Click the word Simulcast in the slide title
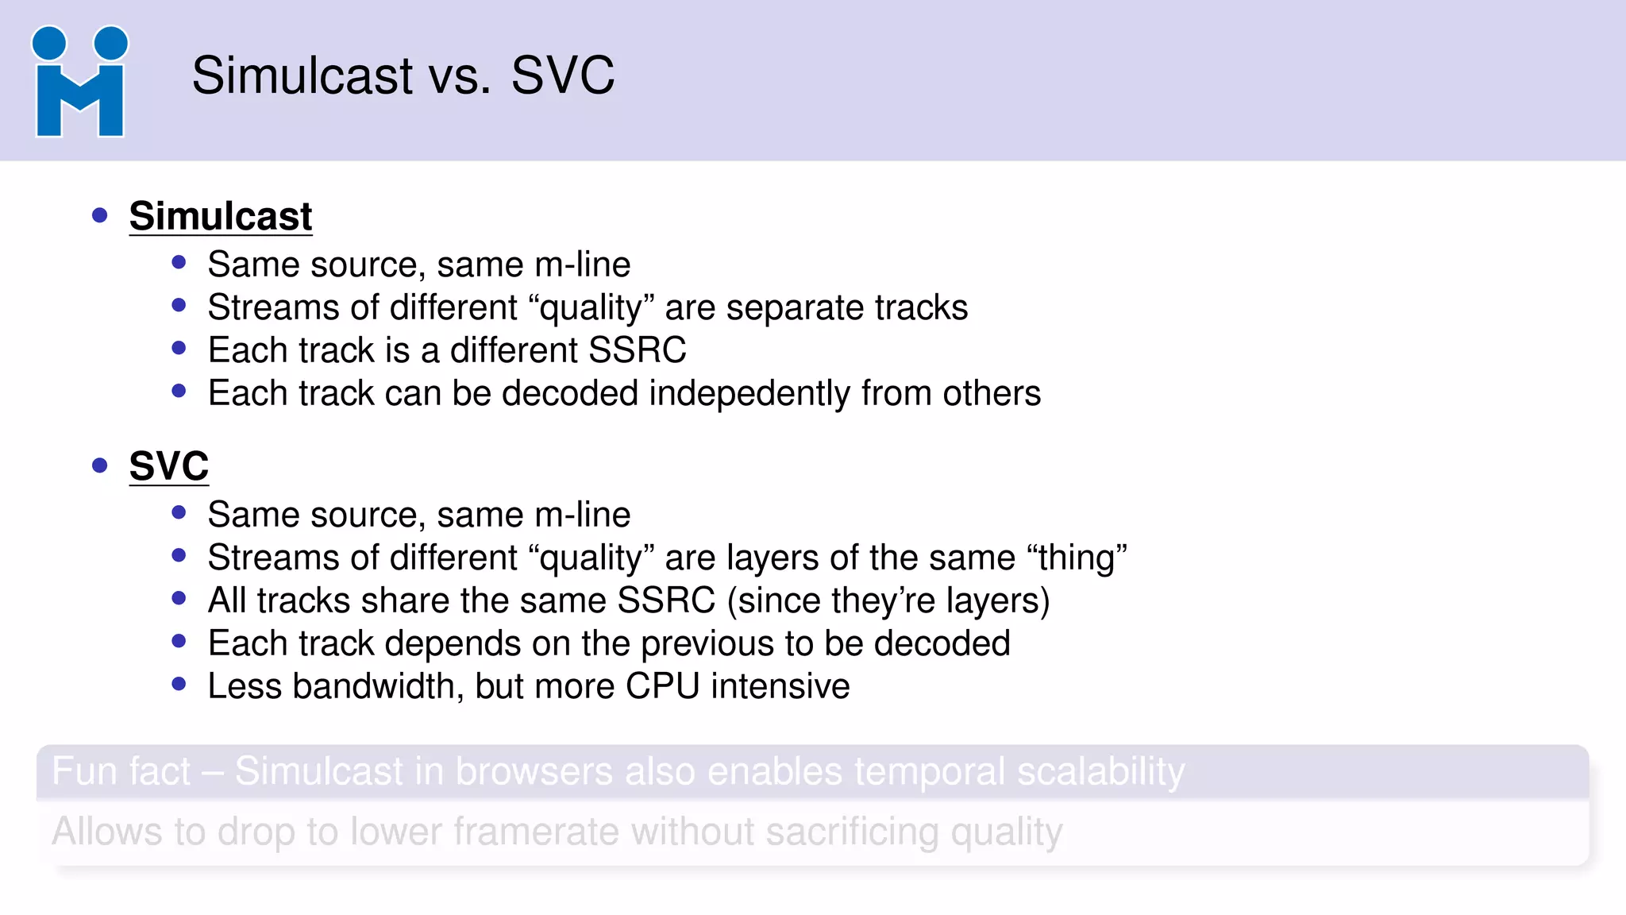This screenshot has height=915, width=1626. [x=302, y=76]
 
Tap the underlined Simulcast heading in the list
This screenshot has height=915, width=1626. [x=221, y=216]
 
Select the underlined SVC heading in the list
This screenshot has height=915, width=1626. [x=169, y=465]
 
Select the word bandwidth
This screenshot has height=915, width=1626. [x=377, y=686]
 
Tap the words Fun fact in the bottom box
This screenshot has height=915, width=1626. [x=121, y=771]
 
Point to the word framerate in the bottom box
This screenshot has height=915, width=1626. [x=537, y=832]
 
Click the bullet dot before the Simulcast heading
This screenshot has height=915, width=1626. [x=99, y=215]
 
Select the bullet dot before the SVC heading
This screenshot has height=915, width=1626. [x=99, y=465]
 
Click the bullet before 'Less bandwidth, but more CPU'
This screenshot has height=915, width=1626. [x=179, y=684]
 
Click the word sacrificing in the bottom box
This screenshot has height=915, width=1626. [x=853, y=832]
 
